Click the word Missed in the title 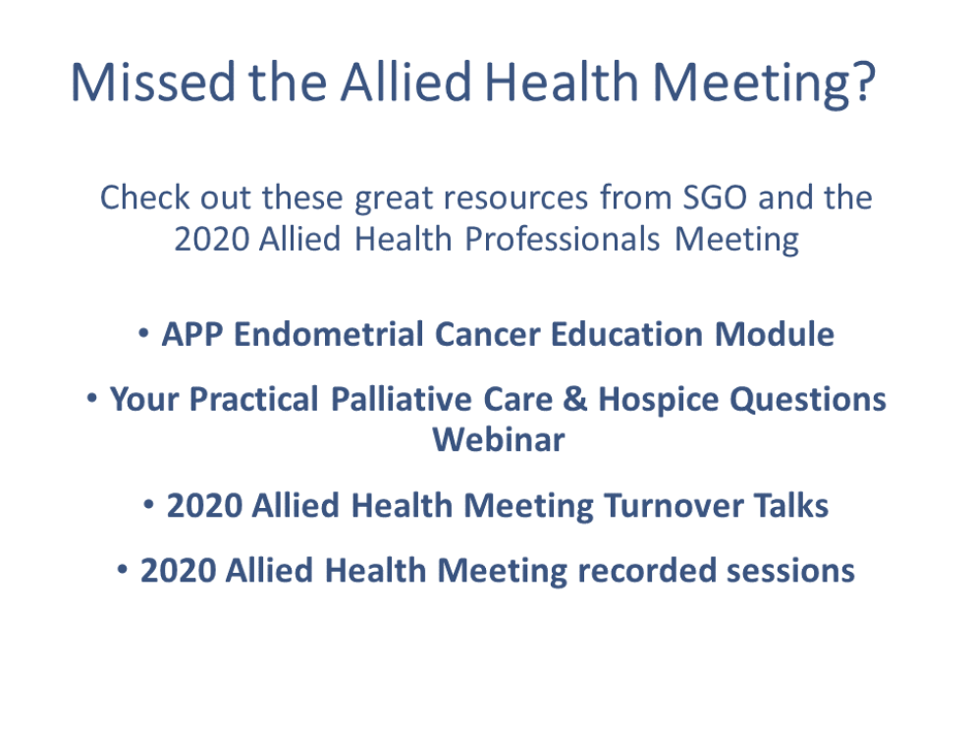[x=153, y=82]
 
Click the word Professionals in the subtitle [x=563, y=240]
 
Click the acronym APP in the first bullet [x=192, y=335]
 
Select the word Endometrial [x=329, y=335]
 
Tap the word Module [x=775, y=335]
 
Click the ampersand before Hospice [x=574, y=399]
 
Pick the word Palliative [x=402, y=399]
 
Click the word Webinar [x=499, y=440]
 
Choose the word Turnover [x=674, y=506]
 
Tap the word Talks [x=791, y=506]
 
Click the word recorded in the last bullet [x=647, y=571]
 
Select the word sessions [x=790, y=572]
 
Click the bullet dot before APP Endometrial [x=143, y=334]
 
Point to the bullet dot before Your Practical [x=91, y=398]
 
